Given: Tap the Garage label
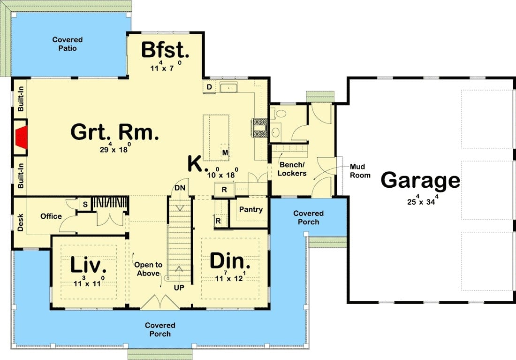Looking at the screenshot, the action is coord(420,180).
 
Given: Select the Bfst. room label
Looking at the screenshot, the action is coord(165,50).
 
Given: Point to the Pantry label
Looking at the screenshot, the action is coord(251,209).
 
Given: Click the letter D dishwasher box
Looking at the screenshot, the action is coord(209,87).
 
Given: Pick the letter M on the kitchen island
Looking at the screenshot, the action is coord(225,153).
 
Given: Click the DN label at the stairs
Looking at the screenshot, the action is coord(180,188).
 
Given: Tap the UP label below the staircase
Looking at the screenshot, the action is coord(179,288).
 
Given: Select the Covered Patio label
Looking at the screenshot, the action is coord(68,44).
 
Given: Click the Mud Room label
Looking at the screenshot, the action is coord(360,171).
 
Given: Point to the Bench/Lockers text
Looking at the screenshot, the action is coord(292,169).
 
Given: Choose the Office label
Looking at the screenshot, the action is coord(51,216).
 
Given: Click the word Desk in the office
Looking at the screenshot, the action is coord(20,222).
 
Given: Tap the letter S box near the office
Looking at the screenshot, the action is coord(85,205).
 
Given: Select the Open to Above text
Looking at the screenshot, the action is coord(148,269).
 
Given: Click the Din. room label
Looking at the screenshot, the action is coord(230,261).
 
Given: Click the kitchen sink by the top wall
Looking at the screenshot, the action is coord(229,88).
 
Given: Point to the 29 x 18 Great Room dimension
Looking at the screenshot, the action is coord(115,148).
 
